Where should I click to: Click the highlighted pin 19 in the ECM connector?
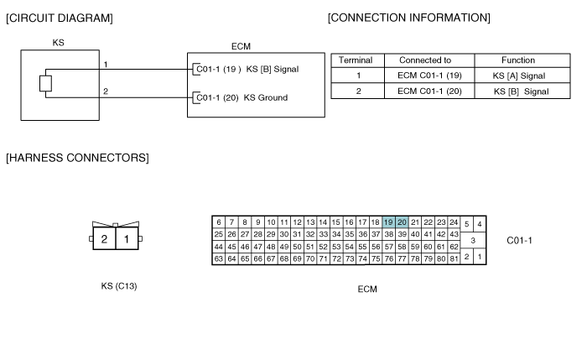pyautogui.click(x=388, y=222)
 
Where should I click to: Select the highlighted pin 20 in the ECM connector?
pyautogui.click(x=402, y=222)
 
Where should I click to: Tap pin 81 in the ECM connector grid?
pyautogui.click(x=454, y=258)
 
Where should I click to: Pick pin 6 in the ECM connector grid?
pyautogui.click(x=219, y=222)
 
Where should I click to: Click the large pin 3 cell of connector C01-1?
pyautogui.click(x=473, y=240)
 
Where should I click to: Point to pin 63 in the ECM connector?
pyautogui.click(x=219, y=258)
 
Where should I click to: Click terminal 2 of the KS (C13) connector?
pyautogui.click(x=104, y=238)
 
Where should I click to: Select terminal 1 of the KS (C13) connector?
pyautogui.click(x=127, y=238)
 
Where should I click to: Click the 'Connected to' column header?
pyautogui.click(x=425, y=60)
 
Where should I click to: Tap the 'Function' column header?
pyautogui.click(x=518, y=60)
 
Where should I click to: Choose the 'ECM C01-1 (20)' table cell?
pyautogui.click(x=429, y=91)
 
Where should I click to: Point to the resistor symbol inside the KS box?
pyautogui.click(x=45, y=84)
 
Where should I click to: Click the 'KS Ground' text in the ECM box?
pyautogui.click(x=266, y=98)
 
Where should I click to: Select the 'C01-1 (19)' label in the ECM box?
pyautogui.click(x=219, y=70)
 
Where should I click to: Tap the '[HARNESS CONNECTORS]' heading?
pyautogui.click(x=77, y=158)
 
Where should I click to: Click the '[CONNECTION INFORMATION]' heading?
pyautogui.click(x=409, y=18)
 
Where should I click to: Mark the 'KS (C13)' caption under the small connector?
pyautogui.click(x=119, y=286)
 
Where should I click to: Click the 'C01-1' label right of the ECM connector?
pyautogui.click(x=519, y=241)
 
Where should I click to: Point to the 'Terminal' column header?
pyautogui.click(x=356, y=60)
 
